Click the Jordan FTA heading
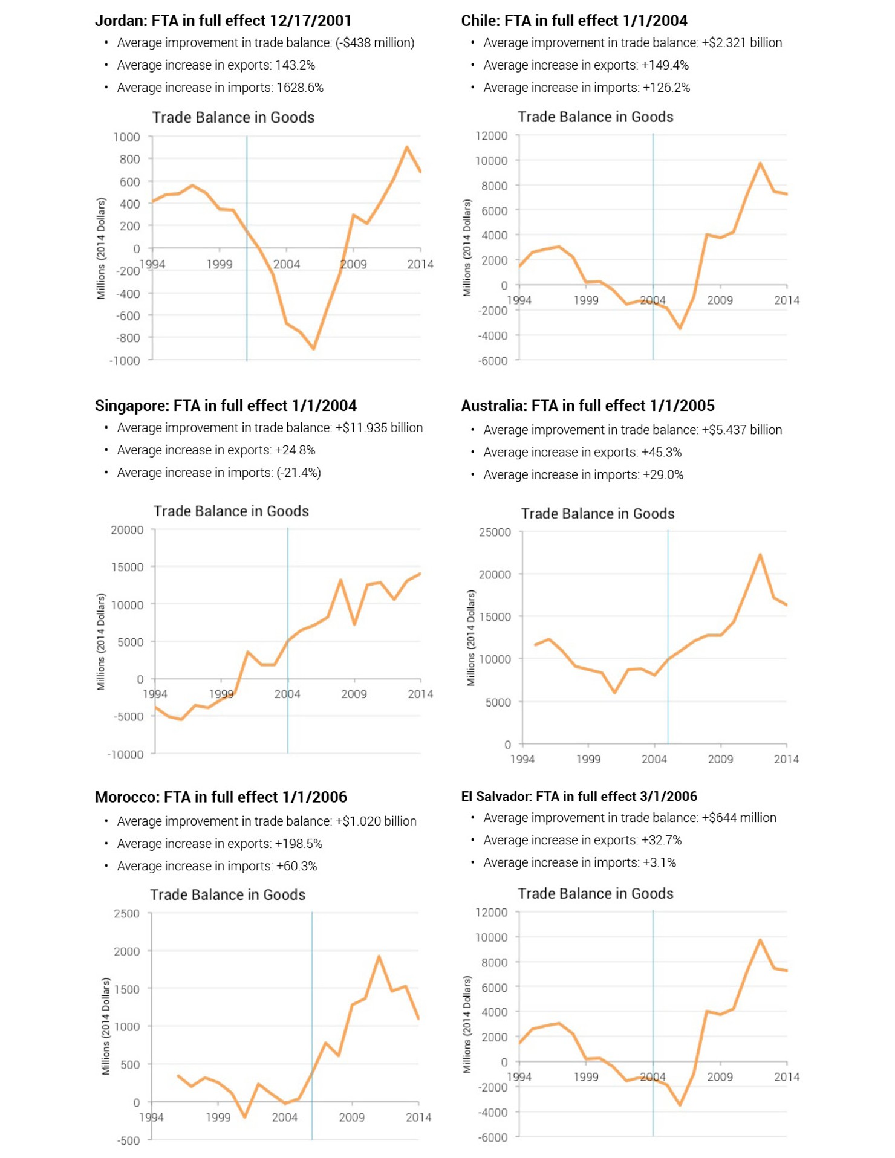pos(223,21)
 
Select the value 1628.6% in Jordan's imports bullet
pos(299,88)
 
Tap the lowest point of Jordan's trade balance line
pos(313,349)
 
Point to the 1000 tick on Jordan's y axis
pos(126,137)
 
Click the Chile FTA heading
pos(573,21)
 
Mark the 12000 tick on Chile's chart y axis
pos(491,135)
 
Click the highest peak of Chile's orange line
pos(760,163)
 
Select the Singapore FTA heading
pos(225,406)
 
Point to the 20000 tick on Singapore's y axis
pos(127,530)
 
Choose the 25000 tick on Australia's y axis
pos(495,532)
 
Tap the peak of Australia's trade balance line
pos(760,554)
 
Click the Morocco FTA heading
pos(221,797)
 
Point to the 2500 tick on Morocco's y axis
pos(126,914)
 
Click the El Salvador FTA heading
pos(579,797)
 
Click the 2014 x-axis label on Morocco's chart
pos(418,1118)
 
